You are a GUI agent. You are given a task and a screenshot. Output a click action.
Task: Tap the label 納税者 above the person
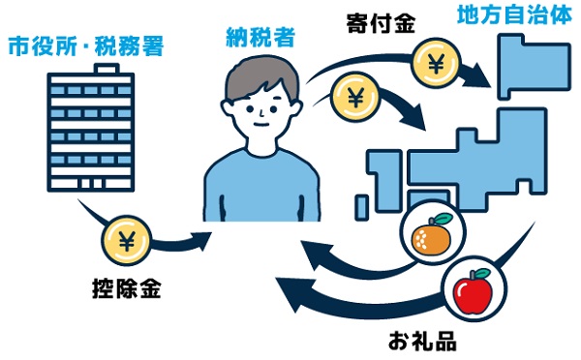(257, 39)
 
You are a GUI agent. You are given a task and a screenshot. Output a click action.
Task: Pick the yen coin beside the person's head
(352, 98)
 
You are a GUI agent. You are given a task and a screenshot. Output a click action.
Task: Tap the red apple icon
(474, 289)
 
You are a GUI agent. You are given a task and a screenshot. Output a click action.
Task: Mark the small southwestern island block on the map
(361, 207)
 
